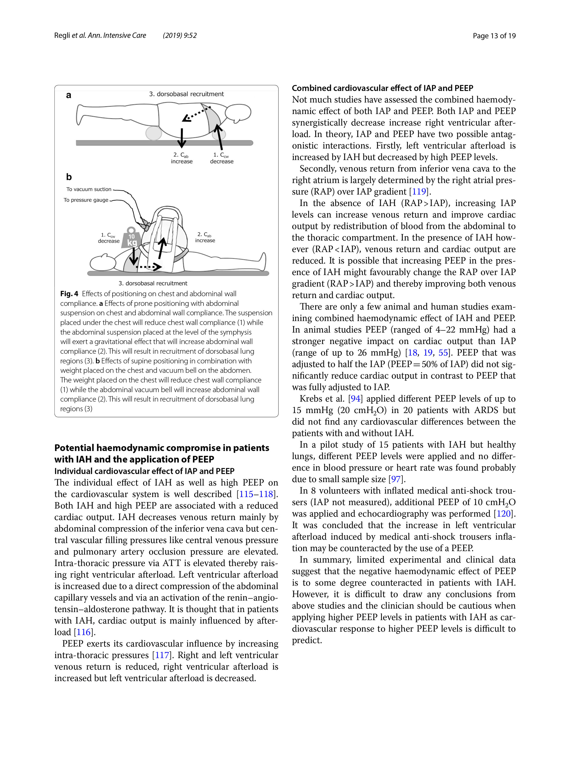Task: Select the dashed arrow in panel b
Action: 148,266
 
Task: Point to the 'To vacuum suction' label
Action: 89,189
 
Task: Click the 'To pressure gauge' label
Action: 86,200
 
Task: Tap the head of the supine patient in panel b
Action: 102,263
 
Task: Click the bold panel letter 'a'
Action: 68,95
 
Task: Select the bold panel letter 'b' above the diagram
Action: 69,177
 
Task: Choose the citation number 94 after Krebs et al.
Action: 355,399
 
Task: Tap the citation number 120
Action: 504,514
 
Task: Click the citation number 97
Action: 396,479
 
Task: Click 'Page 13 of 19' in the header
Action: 494,36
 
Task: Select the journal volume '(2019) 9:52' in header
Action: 180,35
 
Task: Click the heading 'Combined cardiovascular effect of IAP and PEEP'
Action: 382,88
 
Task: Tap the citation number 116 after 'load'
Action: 83,632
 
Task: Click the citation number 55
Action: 443,353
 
